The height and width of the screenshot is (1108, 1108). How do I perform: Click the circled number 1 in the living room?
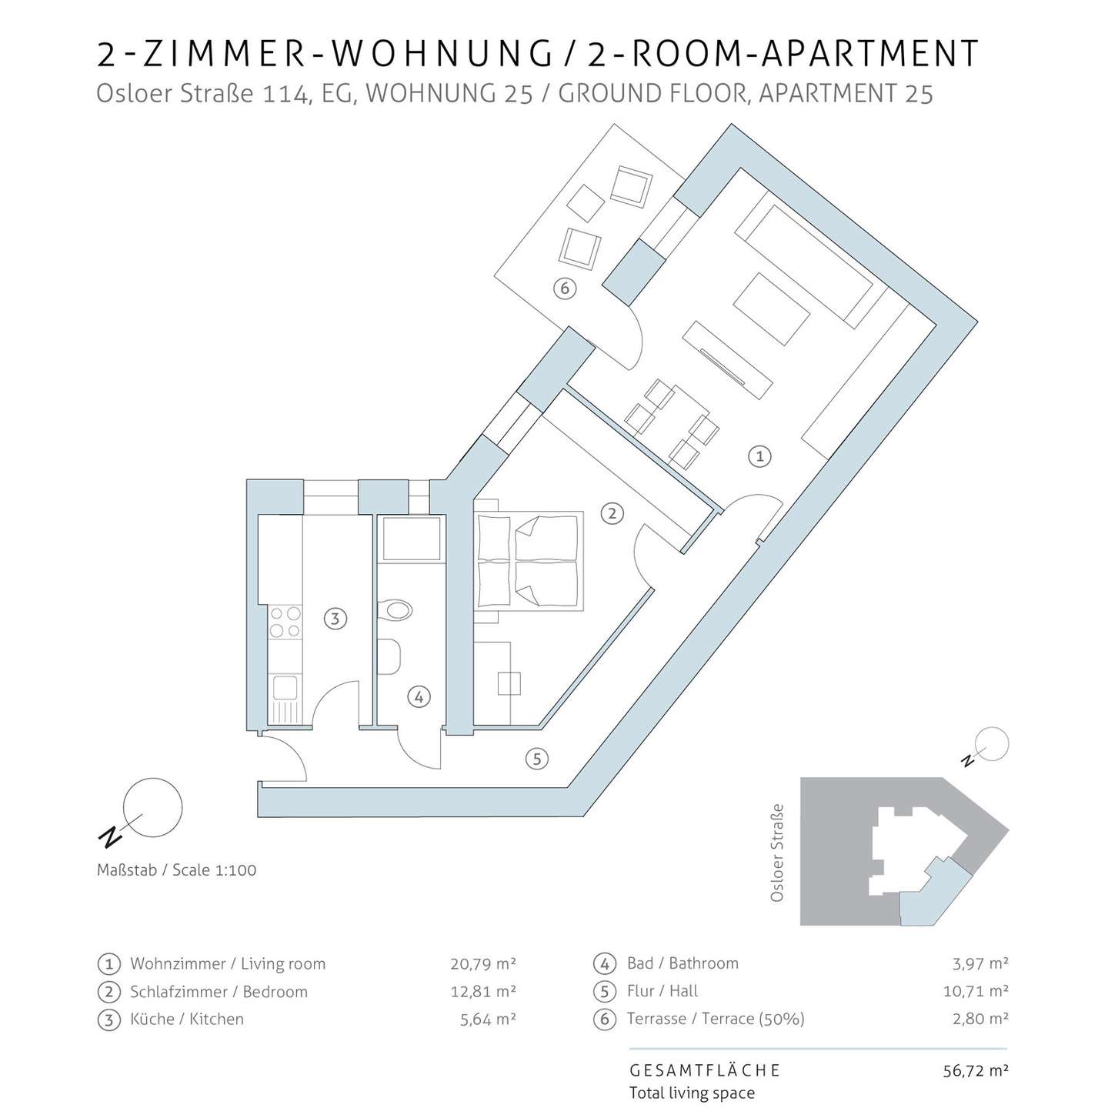pos(759,456)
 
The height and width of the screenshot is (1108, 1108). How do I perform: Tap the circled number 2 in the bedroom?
pos(612,513)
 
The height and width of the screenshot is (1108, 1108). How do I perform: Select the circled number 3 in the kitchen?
pos(335,619)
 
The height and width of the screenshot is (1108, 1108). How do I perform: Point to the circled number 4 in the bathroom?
pos(419,697)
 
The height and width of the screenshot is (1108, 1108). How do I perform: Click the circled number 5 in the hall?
pos(536,759)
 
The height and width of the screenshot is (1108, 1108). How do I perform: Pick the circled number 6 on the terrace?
pos(565,288)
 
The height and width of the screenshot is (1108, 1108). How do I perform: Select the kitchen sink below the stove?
pos(285,699)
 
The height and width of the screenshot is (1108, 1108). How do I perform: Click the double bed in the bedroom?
pos(529,560)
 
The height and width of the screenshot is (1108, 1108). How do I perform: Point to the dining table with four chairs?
pos(672,424)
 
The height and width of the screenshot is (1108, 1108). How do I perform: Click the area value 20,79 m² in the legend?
pos(483,963)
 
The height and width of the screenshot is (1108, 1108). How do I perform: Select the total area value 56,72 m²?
pos(976,1070)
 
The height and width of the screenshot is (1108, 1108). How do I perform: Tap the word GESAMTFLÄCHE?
pos(705,1070)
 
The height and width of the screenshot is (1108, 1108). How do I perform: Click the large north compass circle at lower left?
pos(153,807)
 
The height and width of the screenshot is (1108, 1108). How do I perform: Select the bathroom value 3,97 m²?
pos(980,963)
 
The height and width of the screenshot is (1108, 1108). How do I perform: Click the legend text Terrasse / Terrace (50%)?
pos(716,1019)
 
